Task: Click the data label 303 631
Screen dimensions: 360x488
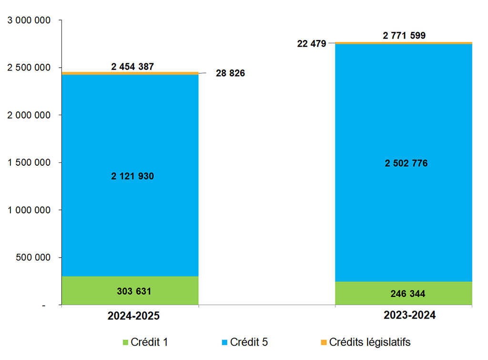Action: (x=134, y=291)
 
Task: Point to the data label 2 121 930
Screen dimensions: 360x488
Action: (x=132, y=176)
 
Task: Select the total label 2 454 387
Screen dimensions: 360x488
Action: (x=132, y=67)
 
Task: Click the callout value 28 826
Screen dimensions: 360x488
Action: (x=230, y=73)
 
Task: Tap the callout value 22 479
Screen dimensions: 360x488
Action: (x=311, y=44)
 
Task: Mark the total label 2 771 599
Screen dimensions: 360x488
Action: (x=404, y=35)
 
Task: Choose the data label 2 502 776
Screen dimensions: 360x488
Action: (x=406, y=163)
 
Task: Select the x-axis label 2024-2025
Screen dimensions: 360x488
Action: (x=133, y=316)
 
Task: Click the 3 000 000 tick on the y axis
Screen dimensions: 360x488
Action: (x=29, y=20)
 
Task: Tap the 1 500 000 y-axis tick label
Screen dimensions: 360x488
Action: (x=29, y=162)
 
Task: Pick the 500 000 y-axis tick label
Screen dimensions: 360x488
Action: (x=33, y=258)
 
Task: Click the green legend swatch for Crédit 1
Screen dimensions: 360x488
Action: (x=126, y=342)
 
